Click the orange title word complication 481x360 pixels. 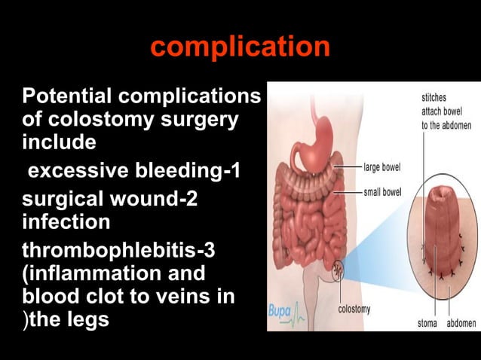240,47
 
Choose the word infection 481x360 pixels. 66,223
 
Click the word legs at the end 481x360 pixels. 87,319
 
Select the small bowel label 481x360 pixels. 382,192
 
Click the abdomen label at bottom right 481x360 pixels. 461,323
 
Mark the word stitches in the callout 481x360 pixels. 436,96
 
